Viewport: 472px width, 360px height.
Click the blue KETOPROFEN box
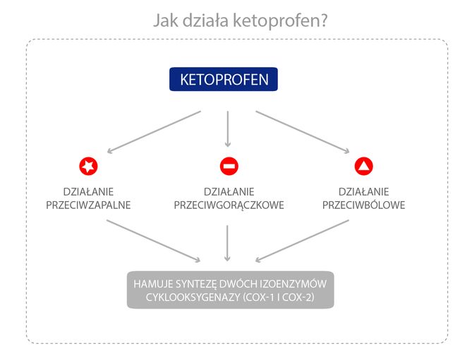(224, 79)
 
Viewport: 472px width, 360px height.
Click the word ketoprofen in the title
(280, 21)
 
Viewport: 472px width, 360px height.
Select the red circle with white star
(88, 166)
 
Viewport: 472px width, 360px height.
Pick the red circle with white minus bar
(229, 166)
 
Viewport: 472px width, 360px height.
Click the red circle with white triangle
(363, 166)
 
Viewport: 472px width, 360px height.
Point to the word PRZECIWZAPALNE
(88, 205)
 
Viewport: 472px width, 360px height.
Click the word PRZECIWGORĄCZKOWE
(229, 205)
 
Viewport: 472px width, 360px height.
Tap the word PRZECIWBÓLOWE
(363, 205)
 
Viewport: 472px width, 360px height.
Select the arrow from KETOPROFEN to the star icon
(154, 132)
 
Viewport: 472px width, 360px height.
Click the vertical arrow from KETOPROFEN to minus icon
(228, 129)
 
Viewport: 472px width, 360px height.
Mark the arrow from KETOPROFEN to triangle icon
(303, 132)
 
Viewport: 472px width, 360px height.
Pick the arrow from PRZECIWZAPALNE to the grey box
(153, 241)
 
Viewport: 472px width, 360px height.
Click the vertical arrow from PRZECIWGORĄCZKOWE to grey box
(227, 243)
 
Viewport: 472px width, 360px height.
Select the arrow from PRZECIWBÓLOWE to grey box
(302, 241)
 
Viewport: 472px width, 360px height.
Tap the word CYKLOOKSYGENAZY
(193, 297)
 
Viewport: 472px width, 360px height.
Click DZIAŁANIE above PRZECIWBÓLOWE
(363, 191)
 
